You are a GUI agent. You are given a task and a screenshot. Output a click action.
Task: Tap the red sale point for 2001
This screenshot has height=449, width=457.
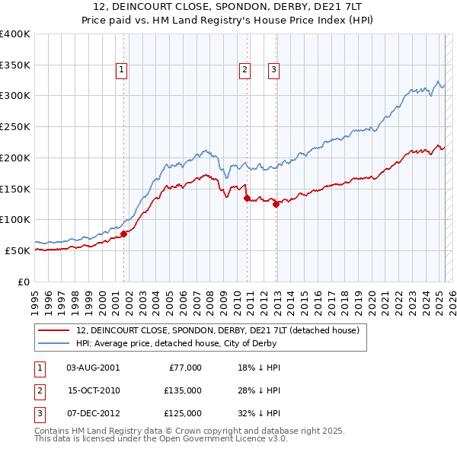(123, 234)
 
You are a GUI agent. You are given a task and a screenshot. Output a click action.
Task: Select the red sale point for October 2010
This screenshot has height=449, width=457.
(247, 198)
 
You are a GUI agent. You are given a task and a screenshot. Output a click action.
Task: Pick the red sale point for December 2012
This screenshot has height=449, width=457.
(276, 204)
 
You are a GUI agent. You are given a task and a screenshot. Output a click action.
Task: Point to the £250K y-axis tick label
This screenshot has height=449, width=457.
(15, 126)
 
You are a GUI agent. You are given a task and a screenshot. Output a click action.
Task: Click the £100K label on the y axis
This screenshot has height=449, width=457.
(15, 219)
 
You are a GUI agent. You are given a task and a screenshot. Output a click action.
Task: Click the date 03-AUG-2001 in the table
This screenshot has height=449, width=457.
(93, 368)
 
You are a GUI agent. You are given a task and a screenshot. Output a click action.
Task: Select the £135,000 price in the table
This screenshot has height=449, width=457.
(184, 390)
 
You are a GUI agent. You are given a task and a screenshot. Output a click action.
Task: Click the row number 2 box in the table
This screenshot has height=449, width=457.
(38, 390)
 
